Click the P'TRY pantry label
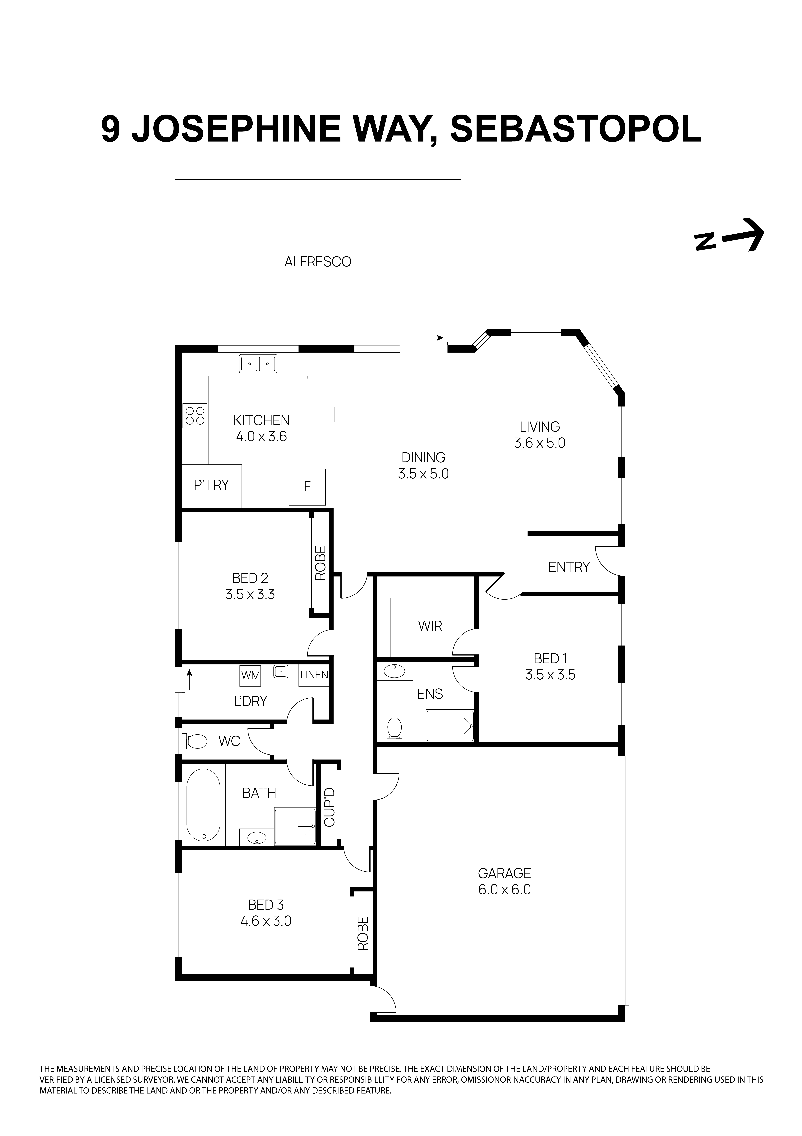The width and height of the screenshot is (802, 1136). click(211, 485)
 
